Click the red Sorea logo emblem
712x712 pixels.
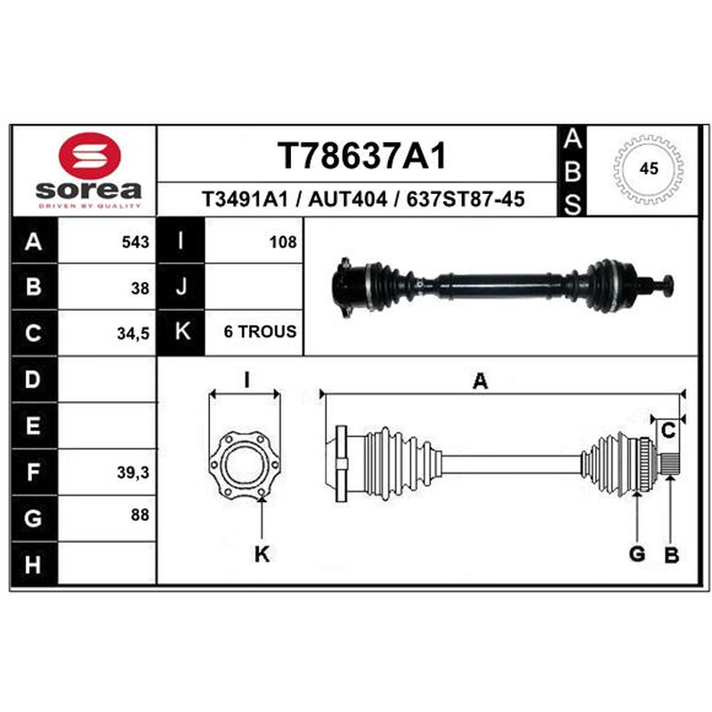(x=90, y=155)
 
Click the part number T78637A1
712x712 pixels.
(x=362, y=156)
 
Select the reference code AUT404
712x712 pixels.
(x=347, y=198)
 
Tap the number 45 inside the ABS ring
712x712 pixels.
(x=649, y=168)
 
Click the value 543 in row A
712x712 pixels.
(x=135, y=242)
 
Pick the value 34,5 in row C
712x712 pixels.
(x=133, y=334)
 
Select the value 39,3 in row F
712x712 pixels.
(x=133, y=473)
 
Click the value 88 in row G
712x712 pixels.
(x=140, y=514)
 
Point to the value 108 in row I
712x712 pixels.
(x=283, y=242)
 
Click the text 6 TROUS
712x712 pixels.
(x=260, y=331)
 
